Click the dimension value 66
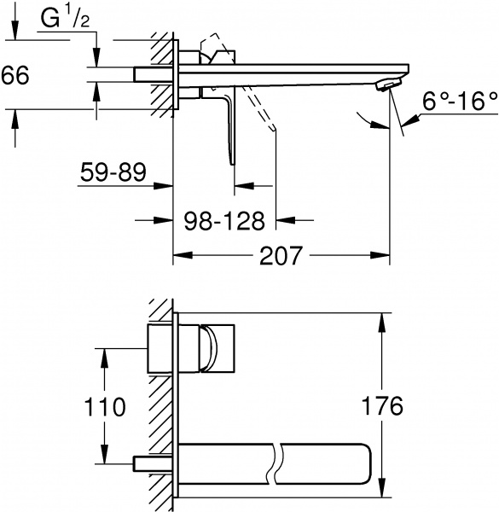click(x=16, y=75)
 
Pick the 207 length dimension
click(x=281, y=255)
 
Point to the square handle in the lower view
click(x=220, y=349)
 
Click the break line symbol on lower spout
click(x=273, y=462)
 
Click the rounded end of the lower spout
click(x=368, y=462)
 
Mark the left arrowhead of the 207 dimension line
click(x=179, y=255)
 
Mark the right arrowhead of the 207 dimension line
click(x=385, y=255)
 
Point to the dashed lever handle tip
click(x=272, y=128)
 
